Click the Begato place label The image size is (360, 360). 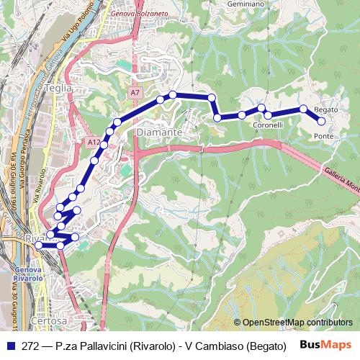coord(326,109)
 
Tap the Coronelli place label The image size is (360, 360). coord(267,125)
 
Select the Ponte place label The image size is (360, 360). coord(323,136)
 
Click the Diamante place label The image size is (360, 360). coord(160,132)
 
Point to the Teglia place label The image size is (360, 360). coord(58,88)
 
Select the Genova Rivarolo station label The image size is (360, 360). coord(29,276)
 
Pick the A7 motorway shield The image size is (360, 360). coord(135,93)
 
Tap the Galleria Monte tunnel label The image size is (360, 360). coord(339,177)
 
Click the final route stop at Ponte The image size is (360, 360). coord(322,122)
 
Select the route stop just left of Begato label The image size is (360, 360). coord(303,109)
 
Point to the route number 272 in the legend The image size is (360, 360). coord(30,346)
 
